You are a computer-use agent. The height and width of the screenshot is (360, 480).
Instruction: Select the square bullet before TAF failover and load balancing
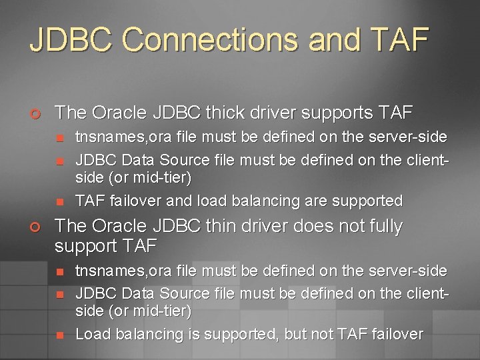(59, 201)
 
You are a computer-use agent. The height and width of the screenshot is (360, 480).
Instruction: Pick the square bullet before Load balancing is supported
(59, 335)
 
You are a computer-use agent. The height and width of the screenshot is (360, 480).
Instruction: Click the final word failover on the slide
(397, 334)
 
